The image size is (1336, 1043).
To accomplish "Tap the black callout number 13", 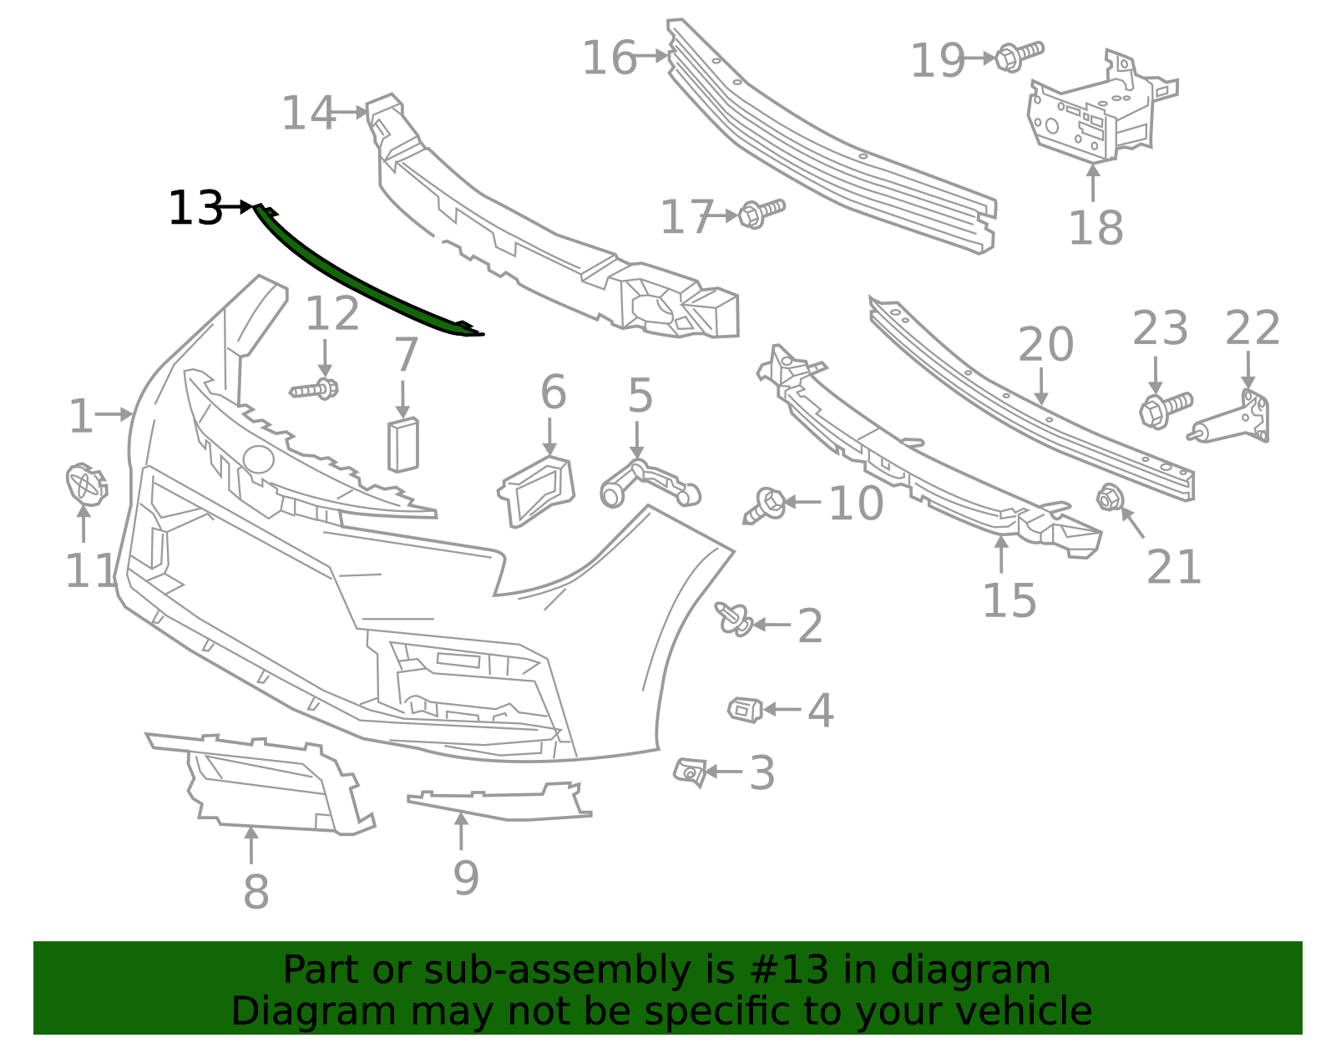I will point(195,208).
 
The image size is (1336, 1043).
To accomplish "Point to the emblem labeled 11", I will point(85,484).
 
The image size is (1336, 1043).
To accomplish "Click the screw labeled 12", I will point(315,389).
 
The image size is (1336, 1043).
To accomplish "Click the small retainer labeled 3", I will point(690,772).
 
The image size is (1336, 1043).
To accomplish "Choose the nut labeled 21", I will point(1110,498).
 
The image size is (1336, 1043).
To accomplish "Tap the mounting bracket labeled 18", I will point(1094,113).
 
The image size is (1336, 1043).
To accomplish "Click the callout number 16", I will point(609,58).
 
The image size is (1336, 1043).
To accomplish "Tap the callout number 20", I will point(1045,345).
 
